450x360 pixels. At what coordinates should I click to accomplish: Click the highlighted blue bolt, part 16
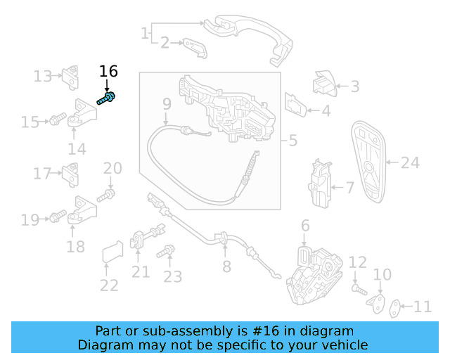108,100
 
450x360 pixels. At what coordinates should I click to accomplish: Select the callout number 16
108,71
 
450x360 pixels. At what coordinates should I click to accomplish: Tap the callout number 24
410,162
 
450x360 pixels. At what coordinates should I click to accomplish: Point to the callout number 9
167,105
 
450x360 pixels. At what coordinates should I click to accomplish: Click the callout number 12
358,263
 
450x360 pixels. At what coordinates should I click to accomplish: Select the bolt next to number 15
56,120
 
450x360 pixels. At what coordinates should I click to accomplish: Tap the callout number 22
109,285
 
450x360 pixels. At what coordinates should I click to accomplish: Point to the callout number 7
350,188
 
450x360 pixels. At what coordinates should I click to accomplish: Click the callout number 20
112,169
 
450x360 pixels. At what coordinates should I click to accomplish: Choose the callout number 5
292,141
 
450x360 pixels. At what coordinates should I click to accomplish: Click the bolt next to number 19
56,218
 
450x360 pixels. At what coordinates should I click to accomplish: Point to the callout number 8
226,266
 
